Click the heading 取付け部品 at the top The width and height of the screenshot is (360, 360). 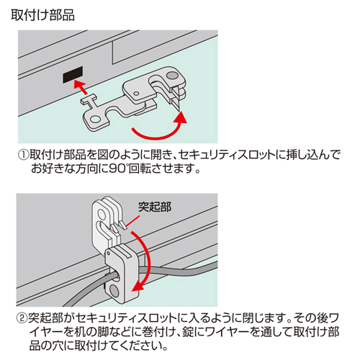42,15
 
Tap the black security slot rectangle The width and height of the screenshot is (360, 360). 73,75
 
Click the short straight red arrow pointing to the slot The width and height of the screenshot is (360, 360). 80,87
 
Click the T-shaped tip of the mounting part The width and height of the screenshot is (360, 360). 89,99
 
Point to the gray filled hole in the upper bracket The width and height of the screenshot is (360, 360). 173,76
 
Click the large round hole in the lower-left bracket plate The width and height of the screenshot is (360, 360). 96,120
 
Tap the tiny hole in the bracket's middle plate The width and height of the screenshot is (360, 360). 136,93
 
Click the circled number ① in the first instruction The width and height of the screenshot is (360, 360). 23,155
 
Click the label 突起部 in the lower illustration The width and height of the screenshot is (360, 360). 155,207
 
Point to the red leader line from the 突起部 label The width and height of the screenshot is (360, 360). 132,221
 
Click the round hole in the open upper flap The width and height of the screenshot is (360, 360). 102,213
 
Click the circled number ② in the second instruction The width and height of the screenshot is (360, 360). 22,318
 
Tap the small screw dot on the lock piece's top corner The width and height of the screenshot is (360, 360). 109,253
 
